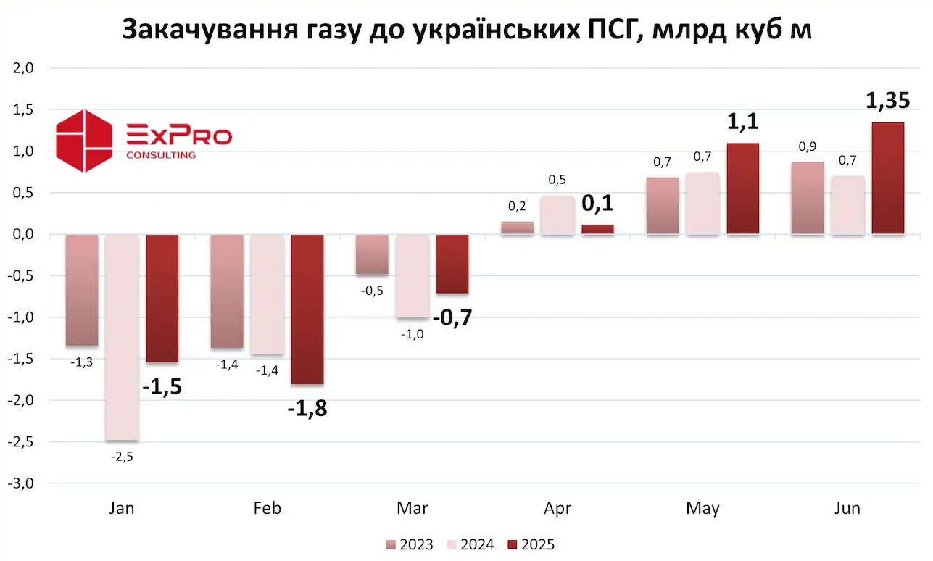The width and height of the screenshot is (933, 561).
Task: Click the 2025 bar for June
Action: [887, 178]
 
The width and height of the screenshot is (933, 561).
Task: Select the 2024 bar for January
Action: [122, 337]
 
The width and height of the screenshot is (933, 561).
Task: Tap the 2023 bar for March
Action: [371, 254]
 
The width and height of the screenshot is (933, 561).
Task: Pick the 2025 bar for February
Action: [307, 309]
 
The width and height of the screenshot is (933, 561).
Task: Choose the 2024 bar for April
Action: [557, 215]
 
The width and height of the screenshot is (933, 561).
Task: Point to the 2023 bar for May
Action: [662, 206]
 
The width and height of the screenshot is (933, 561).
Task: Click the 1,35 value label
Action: [887, 101]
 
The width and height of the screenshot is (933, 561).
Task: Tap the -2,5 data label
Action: [121, 457]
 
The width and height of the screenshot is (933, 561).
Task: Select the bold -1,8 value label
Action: [307, 409]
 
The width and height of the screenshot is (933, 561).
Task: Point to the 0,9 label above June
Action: [807, 146]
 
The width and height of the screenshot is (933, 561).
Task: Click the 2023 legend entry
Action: [410, 544]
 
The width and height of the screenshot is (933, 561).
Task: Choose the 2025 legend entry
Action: [531, 544]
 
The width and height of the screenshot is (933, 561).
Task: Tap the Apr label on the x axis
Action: [557, 508]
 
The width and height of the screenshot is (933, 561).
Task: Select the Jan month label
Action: [121, 508]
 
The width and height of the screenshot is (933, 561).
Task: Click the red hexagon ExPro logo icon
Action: [84, 141]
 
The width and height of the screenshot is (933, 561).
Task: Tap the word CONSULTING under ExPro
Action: [160, 155]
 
